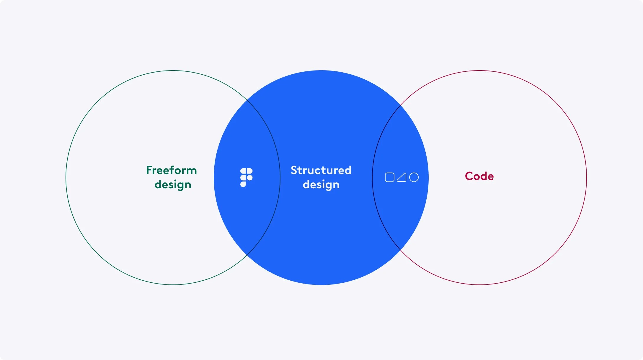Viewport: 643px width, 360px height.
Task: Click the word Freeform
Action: click(171, 170)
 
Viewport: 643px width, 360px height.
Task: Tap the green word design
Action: click(173, 185)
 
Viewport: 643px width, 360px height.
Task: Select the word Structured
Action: click(321, 170)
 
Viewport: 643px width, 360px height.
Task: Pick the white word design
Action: click(321, 185)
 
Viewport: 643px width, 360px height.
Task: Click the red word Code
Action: click(479, 176)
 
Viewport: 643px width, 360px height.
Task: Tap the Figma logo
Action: click(246, 178)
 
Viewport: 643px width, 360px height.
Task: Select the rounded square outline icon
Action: click(389, 177)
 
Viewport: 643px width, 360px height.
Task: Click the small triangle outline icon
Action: click(402, 177)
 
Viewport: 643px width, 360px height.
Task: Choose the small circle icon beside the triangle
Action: click(414, 177)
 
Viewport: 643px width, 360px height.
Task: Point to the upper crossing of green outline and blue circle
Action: click(247, 100)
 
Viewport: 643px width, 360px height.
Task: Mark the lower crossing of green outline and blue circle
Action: click(247, 255)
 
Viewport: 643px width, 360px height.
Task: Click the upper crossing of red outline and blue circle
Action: click(400, 105)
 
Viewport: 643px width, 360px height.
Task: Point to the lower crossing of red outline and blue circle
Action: click(400, 250)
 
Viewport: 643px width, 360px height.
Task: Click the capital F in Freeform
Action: click(149, 170)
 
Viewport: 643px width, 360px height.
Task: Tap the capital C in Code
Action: click(469, 176)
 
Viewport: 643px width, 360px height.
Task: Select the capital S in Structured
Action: click(294, 170)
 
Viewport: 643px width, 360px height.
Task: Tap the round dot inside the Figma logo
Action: click(250, 178)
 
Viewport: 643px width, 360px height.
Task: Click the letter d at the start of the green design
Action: click(158, 184)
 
